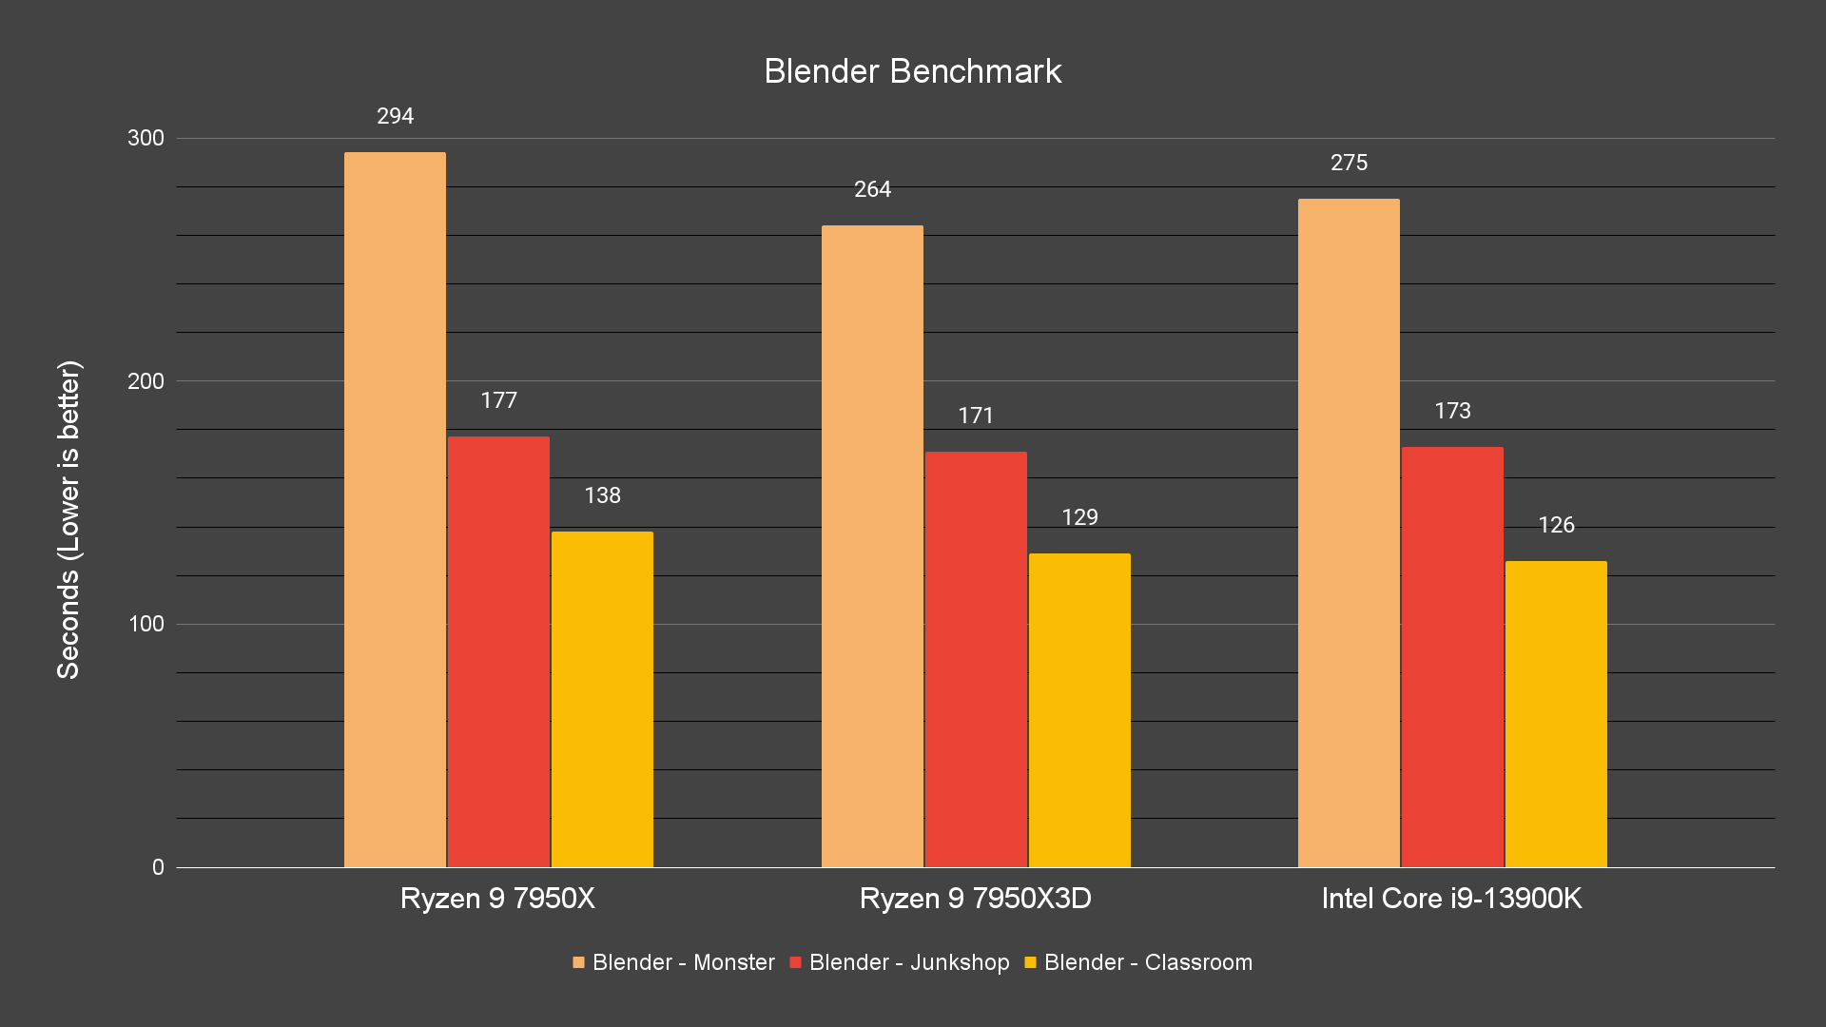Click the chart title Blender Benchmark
point(912,71)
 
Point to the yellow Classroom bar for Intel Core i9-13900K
point(1556,714)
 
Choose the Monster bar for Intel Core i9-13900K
point(1349,533)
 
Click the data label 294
point(395,116)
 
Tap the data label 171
point(976,416)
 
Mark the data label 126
point(1556,525)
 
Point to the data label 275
point(1349,163)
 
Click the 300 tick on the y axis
point(146,138)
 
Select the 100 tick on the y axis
point(146,624)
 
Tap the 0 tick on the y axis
point(158,867)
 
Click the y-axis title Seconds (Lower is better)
point(68,519)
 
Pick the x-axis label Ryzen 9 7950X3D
point(975,899)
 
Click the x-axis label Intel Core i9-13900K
point(1451,899)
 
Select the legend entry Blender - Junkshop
point(899,962)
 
